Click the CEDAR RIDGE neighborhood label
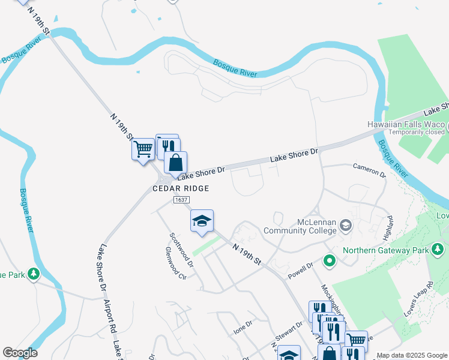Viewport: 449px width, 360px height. tap(181, 188)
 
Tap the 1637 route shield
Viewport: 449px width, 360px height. tap(181, 199)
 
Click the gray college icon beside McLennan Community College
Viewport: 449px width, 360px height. tap(345, 226)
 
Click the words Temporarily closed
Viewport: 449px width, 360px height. tap(416, 132)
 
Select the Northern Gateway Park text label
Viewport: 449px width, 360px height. tap(385, 250)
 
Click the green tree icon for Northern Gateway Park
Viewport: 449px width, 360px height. tap(438, 248)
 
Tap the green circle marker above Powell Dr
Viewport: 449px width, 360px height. tap(329, 261)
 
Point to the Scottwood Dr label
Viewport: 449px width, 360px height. tap(182, 250)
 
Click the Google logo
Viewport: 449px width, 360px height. tap(20, 353)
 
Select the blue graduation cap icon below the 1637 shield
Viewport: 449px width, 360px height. tap(202, 221)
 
